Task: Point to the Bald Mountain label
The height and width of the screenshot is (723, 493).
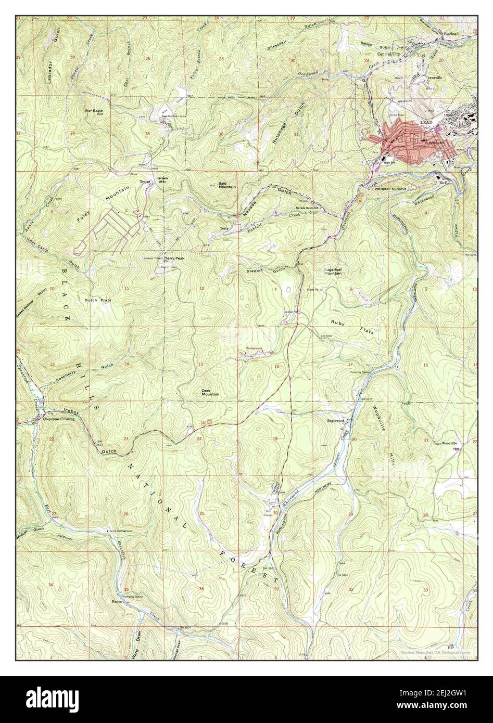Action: tap(227, 186)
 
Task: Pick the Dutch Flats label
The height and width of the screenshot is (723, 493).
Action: tap(98, 301)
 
